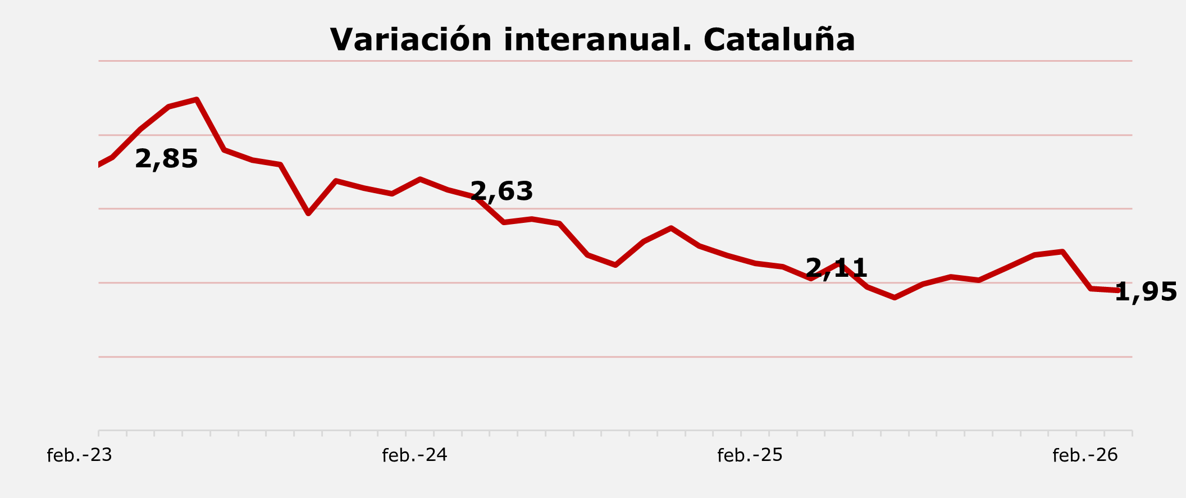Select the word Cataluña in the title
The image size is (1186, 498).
point(779,40)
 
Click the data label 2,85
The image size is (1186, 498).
point(166,159)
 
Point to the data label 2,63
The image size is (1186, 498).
point(501,192)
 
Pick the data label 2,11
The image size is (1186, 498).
point(837,268)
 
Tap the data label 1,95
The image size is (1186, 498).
point(1146,293)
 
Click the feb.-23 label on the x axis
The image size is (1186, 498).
point(80,455)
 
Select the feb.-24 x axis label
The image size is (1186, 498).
point(414,455)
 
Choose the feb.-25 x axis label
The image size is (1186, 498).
point(750,455)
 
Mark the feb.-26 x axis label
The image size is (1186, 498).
point(1085,455)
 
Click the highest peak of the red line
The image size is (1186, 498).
point(197,100)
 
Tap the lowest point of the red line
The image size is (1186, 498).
point(894,298)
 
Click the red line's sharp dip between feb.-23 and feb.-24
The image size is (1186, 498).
point(308,213)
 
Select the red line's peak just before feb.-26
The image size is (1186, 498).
point(1062,252)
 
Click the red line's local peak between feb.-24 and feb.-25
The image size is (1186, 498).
point(671,228)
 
